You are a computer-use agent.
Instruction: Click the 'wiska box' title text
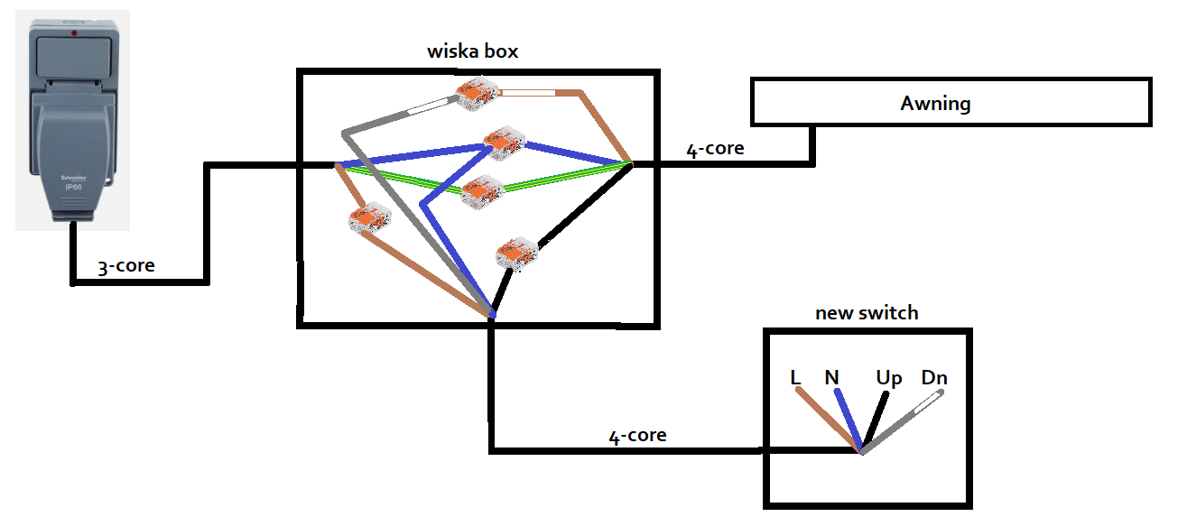tap(473, 51)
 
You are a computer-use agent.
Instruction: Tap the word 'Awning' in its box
tap(935, 103)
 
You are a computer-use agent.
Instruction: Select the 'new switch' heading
tap(867, 312)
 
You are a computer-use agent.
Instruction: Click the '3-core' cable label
tap(126, 265)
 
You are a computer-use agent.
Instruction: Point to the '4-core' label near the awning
tap(716, 149)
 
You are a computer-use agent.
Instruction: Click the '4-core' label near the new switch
tap(637, 436)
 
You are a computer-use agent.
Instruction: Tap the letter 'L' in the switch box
tap(795, 378)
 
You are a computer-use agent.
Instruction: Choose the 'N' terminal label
tap(831, 378)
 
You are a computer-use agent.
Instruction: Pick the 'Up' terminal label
tap(888, 379)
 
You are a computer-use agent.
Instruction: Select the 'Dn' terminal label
tap(934, 378)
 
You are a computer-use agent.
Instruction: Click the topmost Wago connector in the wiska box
tap(477, 94)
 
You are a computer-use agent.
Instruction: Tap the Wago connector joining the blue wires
tap(505, 143)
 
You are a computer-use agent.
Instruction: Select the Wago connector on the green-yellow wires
tap(482, 192)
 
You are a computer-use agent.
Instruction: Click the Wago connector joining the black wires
tap(517, 254)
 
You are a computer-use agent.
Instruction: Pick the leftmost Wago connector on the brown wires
tap(370, 217)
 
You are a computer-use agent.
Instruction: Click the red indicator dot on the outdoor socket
tap(74, 33)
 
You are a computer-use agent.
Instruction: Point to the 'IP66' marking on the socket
tap(73, 187)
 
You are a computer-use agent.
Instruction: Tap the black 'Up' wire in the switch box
tap(874, 421)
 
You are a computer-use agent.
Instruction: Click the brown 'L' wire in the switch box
tap(828, 420)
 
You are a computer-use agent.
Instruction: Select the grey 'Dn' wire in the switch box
tap(902, 422)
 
